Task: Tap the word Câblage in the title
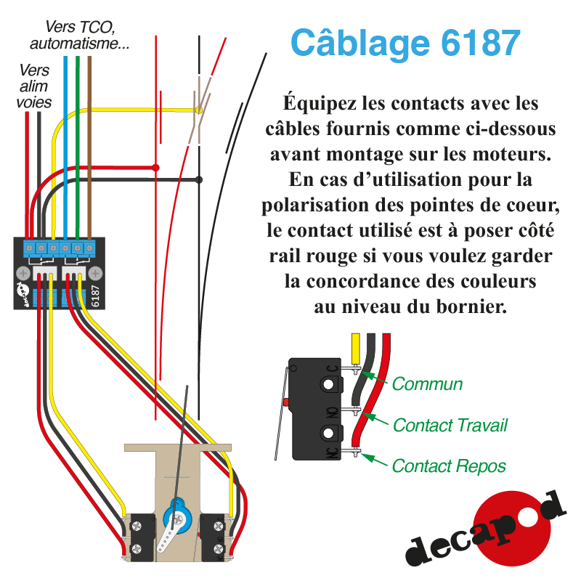tap(359, 43)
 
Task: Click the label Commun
tap(427, 383)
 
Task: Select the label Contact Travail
tap(450, 425)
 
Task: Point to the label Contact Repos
tap(449, 466)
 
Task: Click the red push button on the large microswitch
tap(287, 402)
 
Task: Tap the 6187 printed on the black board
tap(95, 295)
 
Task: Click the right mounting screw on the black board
tap(94, 273)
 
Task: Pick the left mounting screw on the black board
tap(23, 273)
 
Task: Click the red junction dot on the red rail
tap(155, 168)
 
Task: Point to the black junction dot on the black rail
tap(200, 179)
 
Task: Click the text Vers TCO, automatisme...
tap(81, 36)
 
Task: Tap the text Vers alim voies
tap(34, 86)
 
